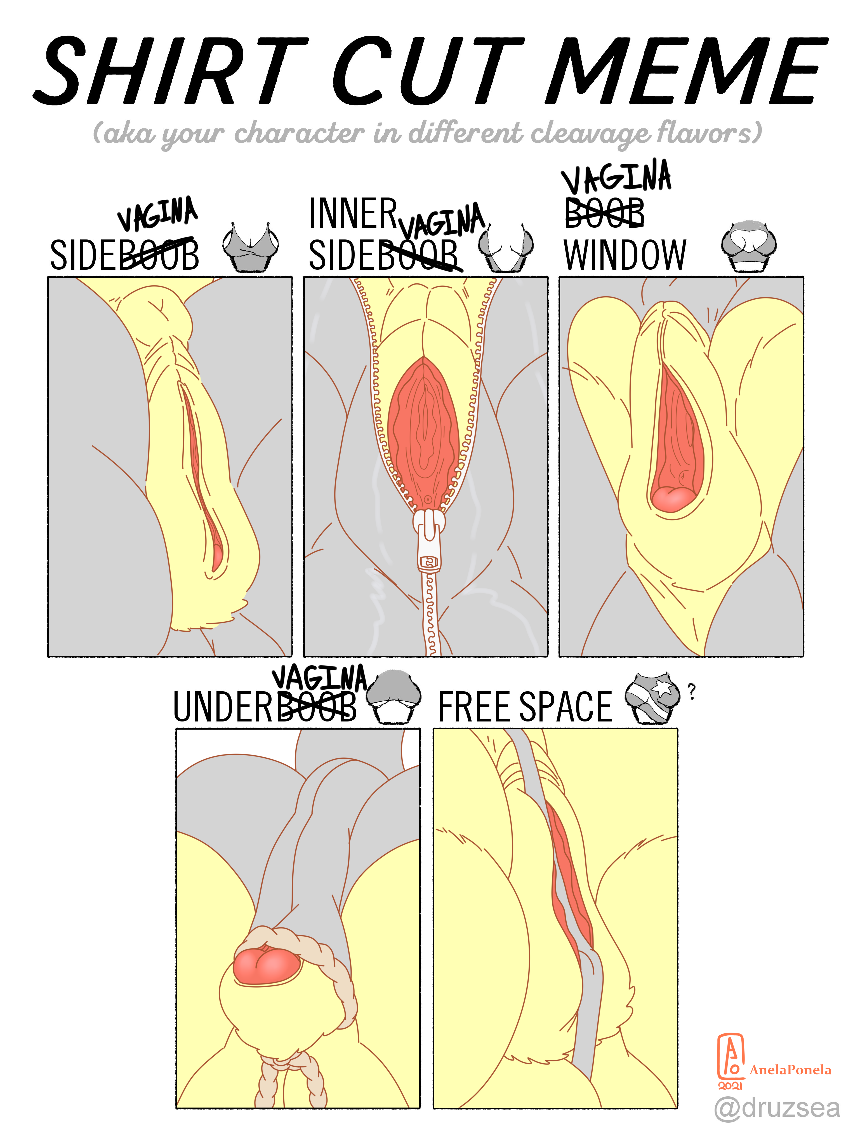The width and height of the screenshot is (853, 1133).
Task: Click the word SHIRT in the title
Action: pyautogui.click(x=171, y=71)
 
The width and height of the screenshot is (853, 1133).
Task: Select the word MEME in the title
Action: pyautogui.click(x=686, y=71)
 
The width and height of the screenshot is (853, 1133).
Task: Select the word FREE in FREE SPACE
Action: pyautogui.click(x=475, y=707)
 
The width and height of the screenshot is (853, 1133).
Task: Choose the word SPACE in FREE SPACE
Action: pyautogui.click(x=566, y=707)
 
